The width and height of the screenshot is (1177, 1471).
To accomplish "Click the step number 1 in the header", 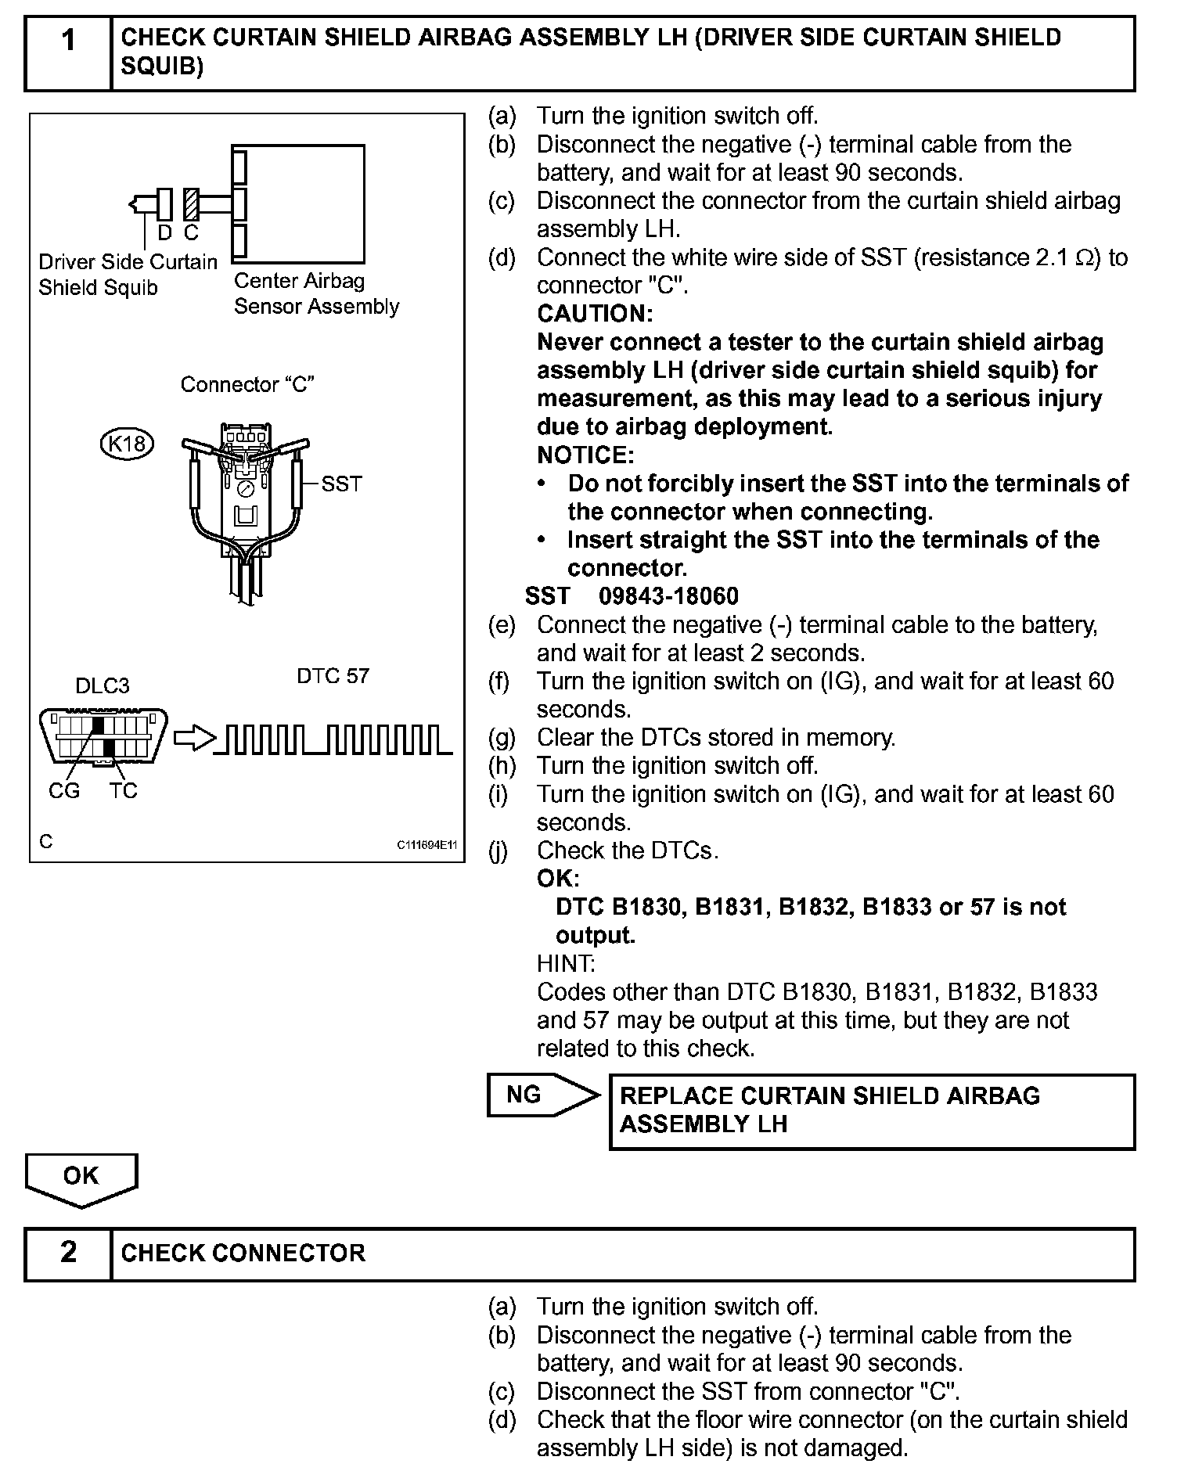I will click(x=69, y=39).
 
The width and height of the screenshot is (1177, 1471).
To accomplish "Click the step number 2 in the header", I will click(x=69, y=1252).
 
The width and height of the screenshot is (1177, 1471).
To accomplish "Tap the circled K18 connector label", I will click(x=127, y=444).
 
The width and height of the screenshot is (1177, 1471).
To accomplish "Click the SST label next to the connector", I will click(x=342, y=484).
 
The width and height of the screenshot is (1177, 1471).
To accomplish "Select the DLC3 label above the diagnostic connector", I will click(x=102, y=686).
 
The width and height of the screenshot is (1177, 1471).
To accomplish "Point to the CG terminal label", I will click(x=64, y=791).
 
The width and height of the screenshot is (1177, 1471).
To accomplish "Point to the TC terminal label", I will click(x=124, y=791).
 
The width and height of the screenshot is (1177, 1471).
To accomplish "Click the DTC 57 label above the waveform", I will click(x=333, y=676).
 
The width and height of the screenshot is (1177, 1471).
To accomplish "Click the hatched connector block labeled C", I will click(x=190, y=204).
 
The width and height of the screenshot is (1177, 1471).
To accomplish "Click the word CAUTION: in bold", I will click(x=595, y=314).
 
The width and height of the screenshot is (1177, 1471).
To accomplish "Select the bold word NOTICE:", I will click(x=585, y=455).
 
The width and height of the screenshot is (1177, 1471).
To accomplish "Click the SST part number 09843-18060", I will click(x=668, y=596).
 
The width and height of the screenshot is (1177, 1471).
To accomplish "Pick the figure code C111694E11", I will click(x=427, y=845).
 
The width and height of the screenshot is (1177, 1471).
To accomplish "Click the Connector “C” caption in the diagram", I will click(x=247, y=385).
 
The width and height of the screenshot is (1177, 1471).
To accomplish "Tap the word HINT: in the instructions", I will click(x=566, y=963).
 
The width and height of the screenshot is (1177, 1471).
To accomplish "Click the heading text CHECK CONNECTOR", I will click(x=243, y=1253).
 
